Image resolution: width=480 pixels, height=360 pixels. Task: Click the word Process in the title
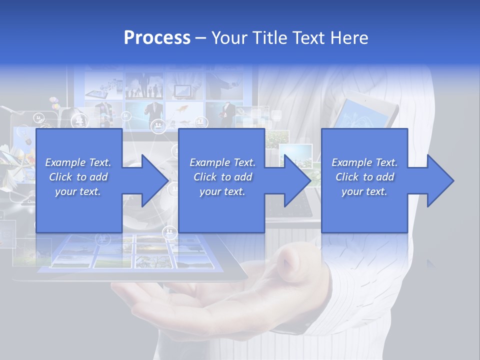pyautogui.click(x=157, y=38)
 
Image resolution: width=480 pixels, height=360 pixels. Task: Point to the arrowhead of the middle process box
pyautogui.click(x=296, y=180)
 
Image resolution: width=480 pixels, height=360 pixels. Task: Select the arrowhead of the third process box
pyautogui.click(x=439, y=180)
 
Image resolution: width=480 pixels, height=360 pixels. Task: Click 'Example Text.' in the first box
pyautogui.click(x=78, y=162)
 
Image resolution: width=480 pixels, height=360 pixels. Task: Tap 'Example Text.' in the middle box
pyautogui.click(x=222, y=162)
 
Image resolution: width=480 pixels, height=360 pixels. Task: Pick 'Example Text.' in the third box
pyautogui.click(x=364, y=162)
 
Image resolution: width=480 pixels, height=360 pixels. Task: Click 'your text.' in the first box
pyautogui.click(x=78, y=191)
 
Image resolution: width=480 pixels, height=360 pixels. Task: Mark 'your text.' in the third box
pyautogui.click(x=364, y=191)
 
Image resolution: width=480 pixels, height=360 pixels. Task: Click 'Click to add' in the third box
pyautogui.click(x=364, y=177)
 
